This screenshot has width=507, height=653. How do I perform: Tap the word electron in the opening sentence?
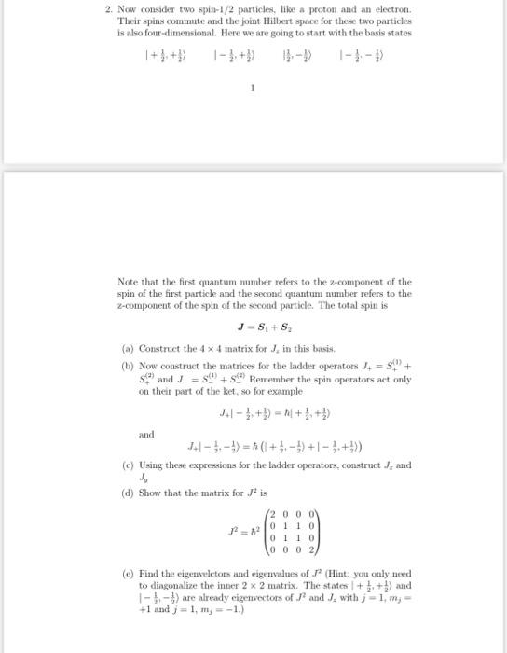pyautogui.click(x=395, y=7)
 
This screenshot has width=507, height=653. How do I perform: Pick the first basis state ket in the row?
pyautogui.click(x=163, y=55)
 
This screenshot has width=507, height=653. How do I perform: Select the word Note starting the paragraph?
pyautogui.click(x=130, y=281)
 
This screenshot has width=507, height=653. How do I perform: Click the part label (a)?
pyautogui.click(x=127, y=348)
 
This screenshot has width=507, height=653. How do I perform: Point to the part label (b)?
pyautogui.click(x=128, y=363)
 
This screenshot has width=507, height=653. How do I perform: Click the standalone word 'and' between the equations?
pyautogui.click(x=145, y=433)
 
